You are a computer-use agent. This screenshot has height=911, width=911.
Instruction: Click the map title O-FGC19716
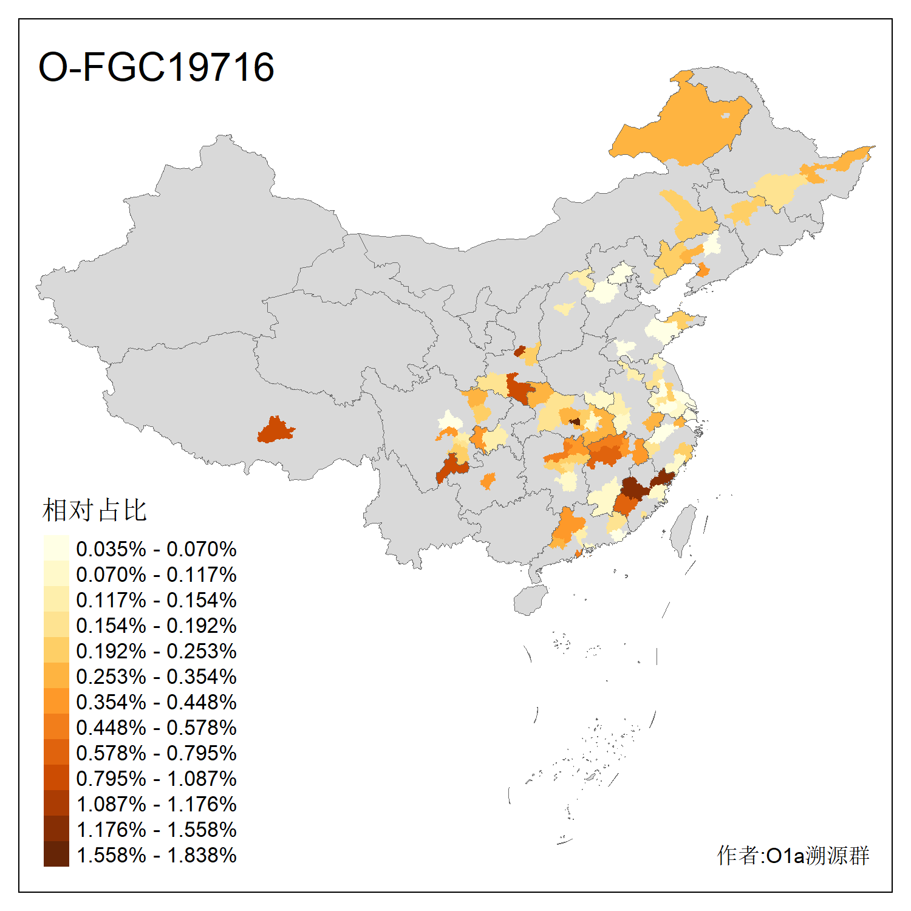pos(156,67)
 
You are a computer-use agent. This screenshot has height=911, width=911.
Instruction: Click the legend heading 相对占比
pos(95,510)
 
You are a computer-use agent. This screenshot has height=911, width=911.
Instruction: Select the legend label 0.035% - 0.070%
pos(156,549)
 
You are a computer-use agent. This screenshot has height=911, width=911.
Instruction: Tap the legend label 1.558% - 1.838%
pos(156,855)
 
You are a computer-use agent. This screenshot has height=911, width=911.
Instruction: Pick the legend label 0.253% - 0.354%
pos(156,677)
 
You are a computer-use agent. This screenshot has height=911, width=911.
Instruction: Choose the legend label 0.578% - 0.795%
pos(156,753)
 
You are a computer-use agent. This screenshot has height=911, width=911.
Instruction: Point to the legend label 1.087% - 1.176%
pos(156,804)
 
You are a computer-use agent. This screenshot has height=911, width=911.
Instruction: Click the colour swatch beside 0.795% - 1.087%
pos(56,778)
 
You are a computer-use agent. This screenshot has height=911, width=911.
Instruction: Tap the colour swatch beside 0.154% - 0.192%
pos(56,625)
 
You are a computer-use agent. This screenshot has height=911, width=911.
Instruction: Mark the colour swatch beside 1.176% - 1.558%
pos(56,829)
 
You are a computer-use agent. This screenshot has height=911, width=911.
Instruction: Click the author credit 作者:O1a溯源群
pos(793,855)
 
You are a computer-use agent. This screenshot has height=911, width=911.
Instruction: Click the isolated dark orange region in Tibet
pos(275,430)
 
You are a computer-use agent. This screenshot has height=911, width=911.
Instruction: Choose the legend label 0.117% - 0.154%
pos(156,600)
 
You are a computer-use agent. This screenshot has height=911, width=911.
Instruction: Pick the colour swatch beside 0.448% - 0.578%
pos(56,727)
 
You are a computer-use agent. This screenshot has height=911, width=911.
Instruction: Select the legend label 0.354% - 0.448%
pos(156,702)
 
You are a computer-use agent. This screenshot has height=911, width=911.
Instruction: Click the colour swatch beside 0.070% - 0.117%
pos(56,574)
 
